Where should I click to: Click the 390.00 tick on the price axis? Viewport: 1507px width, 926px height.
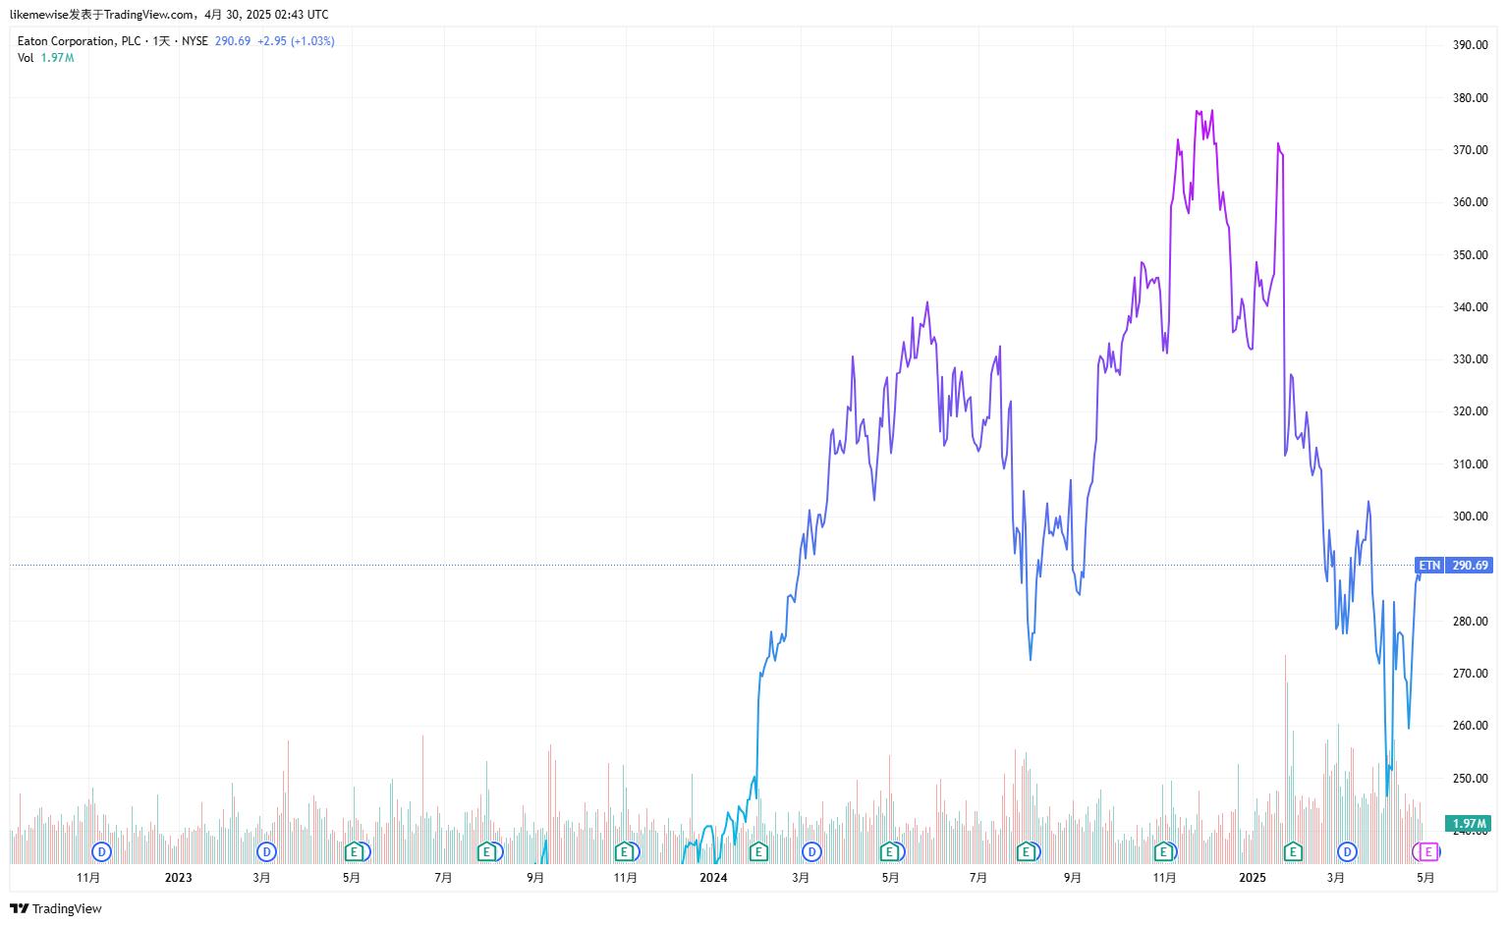click(x=1470, y=45)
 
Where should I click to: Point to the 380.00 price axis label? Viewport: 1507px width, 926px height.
click(x=1470, y=98)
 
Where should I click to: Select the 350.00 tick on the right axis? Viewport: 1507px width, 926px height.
click(x=1470, y=255)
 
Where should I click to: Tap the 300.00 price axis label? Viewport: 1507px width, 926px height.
click(x=1470, y=517)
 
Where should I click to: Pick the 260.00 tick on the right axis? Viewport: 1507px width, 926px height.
click(x=1470, y=726)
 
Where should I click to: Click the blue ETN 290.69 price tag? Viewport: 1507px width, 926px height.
click(x=1454, y=566)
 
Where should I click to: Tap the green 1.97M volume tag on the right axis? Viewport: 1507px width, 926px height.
click(x=1469, y=824)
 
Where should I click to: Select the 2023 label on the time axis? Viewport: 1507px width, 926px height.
click(x=178, y=878)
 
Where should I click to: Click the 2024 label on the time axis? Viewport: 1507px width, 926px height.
click(x=713, y=878)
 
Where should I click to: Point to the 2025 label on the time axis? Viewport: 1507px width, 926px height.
click(x=1252, y=878)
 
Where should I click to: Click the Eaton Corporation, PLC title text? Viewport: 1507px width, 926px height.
click(x=79, y=41)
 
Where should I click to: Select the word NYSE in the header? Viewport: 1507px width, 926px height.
click(x=195, y=41)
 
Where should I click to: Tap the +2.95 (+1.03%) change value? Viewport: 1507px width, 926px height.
click(x=296, y=41)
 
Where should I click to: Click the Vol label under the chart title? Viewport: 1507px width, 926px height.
click(x=26, y=58)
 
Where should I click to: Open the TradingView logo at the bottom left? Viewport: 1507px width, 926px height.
click(x=56, y=909)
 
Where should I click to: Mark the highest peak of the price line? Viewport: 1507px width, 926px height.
click(x=1212, y=110)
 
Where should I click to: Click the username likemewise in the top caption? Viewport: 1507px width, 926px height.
click(x=38, y=15)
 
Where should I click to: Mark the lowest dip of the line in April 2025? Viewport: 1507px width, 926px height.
click(x=1387, y=795)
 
